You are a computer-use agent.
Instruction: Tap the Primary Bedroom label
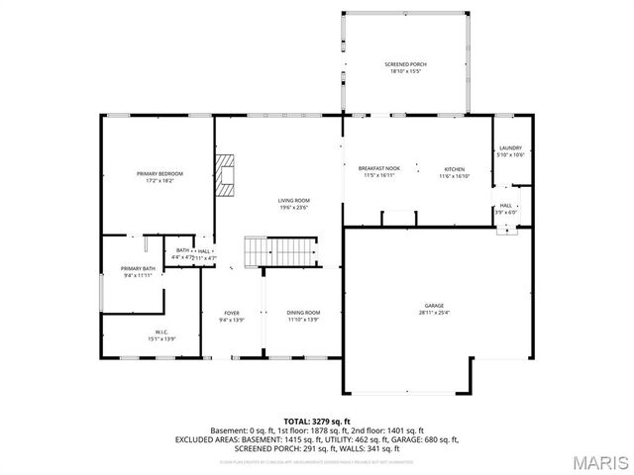(159, 173)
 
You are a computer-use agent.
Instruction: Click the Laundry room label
(510, 147)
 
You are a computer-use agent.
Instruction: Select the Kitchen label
(454, 169)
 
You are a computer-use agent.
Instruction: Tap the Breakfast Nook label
(378, 169)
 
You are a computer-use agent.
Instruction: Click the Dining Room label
(304, 312)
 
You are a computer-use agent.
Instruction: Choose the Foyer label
(231, 312)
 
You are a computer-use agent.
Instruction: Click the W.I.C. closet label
(161, 332)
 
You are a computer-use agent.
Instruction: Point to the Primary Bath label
(139, 269)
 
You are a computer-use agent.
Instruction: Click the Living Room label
(293, 201)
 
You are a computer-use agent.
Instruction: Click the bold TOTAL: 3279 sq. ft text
(317, 421)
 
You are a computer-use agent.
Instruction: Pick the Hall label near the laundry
(506, 205)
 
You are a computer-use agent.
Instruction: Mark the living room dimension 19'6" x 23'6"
(293, 208)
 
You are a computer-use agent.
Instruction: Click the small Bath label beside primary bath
(183, 251)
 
